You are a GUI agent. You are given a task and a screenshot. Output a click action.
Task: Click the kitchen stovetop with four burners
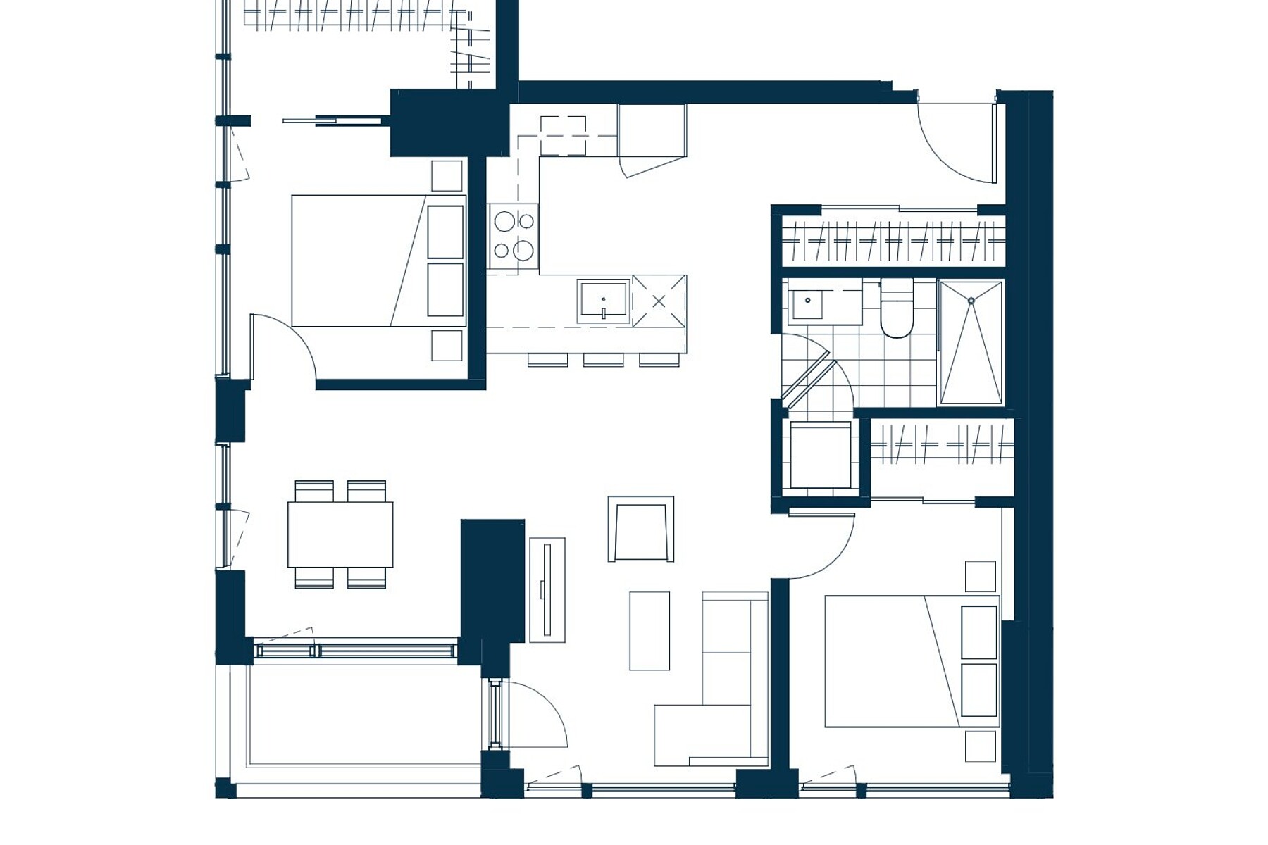pyautogui.click(x=514, y=236)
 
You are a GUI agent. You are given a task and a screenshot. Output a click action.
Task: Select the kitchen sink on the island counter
pyautogui.click(x=603, y=301)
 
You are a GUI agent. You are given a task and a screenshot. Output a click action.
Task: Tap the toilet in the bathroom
pyautogui.click(x=896, y=310)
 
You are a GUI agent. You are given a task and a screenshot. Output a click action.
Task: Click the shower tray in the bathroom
pyautogui.click(x=971, y=343)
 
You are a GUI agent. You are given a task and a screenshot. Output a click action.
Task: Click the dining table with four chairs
pyautogui.click(x=340, y=534)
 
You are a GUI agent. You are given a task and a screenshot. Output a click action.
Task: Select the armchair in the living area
pyautogui.click(x=640, y=530)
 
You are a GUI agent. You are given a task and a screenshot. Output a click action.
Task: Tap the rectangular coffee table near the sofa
pyautogui.click(x=649, y=630)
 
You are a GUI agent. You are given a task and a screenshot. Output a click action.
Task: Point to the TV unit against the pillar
pyautogui.click(x=547, y=590)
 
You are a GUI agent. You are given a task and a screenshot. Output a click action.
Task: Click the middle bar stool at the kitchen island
pyautogui.click(x=603, y=360)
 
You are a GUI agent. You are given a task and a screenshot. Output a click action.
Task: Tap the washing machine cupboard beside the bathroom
pyautogui.click(x=820, y=455)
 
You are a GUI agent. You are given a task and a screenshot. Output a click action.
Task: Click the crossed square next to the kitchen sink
pyautogui.click(x=659, y=301)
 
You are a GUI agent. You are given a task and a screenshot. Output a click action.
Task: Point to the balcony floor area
pyautogui.click(x=363, y=715)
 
